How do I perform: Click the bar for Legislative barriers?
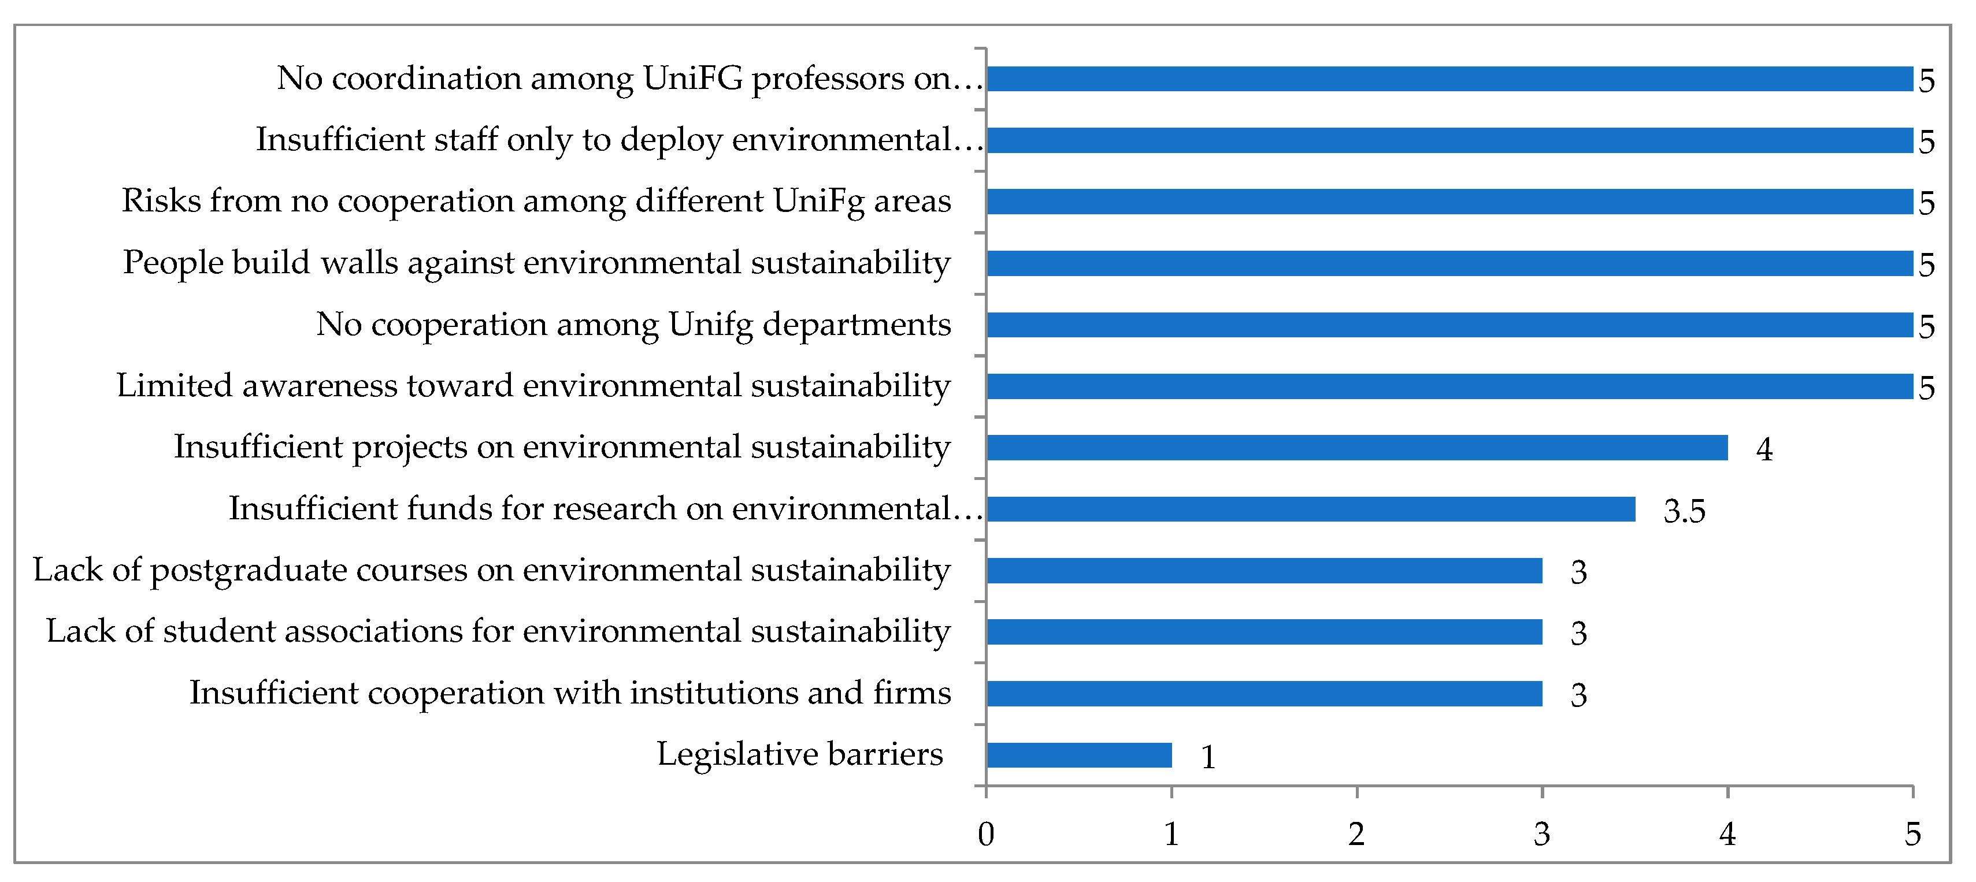(1078, 755)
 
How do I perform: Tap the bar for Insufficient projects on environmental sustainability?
(1356, 447)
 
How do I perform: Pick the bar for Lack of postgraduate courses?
(1264, 570)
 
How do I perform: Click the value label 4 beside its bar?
(1763, 449)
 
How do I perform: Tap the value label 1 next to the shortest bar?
(1207, 757)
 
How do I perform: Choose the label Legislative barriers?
(799, 754)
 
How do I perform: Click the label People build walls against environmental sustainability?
(536, 263)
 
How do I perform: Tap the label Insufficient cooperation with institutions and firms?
(570, 693)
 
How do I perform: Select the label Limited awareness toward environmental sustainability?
(533, 386)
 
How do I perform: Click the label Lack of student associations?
(498, 631)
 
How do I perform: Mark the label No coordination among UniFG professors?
(629, 78)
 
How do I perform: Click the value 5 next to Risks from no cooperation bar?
(1926, 203)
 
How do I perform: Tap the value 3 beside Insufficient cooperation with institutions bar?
(1578, 695)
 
